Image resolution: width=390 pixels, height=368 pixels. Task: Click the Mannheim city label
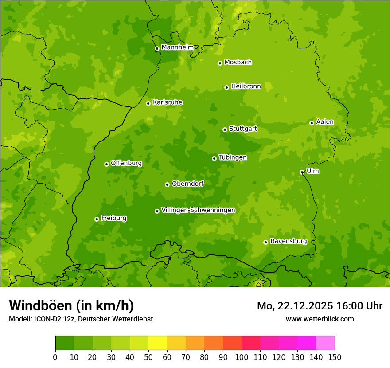coord(177,47)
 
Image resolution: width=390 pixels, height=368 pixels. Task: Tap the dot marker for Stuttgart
coord(225,129)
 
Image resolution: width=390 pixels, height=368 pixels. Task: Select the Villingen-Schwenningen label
coord(198,210)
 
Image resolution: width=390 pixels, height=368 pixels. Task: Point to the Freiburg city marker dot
coord(97,219)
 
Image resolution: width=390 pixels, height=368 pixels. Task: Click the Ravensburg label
coord(288,241)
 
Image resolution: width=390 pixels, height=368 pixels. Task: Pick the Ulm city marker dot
coord(302,172)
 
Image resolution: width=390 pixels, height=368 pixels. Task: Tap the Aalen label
coord(324,122)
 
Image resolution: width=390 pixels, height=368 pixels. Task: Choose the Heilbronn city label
coord(246,86)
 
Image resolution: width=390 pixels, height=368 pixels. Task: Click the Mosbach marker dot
coord(220,63)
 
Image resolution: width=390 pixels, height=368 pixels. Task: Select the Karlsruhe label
coord(167,102)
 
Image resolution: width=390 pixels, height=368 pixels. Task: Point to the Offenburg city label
coord(126,163)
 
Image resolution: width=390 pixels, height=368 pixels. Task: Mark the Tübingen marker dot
coord(214,158)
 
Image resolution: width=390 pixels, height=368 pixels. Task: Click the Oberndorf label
coord(187,184)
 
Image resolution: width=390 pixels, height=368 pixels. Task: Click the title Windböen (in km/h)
coord(71,305)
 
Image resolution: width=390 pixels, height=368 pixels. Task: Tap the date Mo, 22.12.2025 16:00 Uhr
coord(320,306)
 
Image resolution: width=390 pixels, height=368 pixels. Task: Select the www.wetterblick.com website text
coord(320,319)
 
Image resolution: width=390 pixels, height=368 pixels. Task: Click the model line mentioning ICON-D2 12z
coord(81,319)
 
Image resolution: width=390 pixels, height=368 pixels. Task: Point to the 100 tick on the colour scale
coord(242,357)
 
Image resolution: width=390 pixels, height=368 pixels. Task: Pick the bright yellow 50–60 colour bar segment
coord(158,343)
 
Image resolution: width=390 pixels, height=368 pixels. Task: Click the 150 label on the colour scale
coord(335,357)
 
